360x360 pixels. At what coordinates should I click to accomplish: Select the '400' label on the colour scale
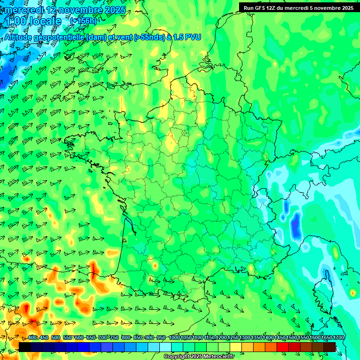tap(32, 337)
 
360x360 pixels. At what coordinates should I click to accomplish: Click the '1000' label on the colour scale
tap(174, 337)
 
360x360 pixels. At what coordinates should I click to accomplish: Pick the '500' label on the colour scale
tap(56, 337)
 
